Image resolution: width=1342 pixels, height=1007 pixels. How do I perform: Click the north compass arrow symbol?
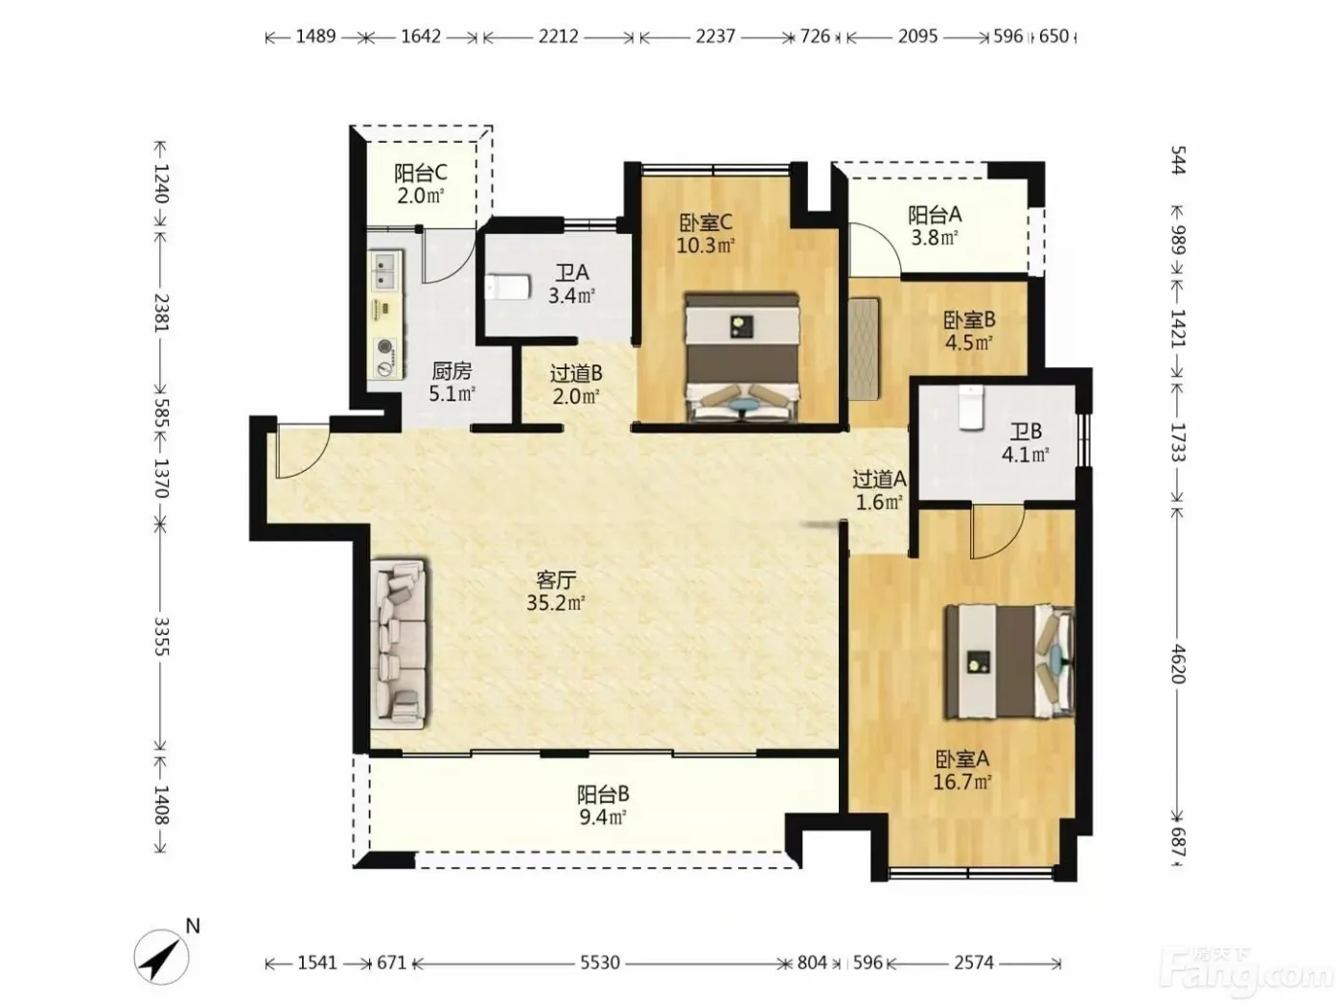point(162,957)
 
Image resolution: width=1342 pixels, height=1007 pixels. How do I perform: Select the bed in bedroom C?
point(742,359)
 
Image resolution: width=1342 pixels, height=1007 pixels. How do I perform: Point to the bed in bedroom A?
point(1009,662)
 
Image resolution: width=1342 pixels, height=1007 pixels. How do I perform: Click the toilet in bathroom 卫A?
point(507,287)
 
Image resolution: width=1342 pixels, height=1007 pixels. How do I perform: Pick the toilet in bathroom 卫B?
point(970,407)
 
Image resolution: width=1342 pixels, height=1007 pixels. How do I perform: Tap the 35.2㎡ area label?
point(556,603)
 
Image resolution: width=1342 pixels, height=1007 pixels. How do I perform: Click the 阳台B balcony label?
point(603,794)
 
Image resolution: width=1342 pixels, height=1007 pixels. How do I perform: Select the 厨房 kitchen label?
point(451,370)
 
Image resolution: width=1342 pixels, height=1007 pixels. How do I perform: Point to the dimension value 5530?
point(600,963)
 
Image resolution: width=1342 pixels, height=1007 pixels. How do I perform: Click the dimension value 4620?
point(1178,664)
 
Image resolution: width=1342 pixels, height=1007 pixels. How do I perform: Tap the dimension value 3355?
point(161,637)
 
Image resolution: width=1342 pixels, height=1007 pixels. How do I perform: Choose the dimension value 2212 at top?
point(558,36)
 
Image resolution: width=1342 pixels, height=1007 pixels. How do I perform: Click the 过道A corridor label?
point(879,480)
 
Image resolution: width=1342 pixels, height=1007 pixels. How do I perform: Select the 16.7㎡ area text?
point(961,782)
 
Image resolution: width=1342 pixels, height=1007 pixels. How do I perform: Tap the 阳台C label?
point(421,173)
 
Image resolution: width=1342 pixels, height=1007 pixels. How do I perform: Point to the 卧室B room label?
point(969,319)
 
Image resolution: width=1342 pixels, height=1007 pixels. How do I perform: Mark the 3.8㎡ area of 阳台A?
point(935,237)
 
